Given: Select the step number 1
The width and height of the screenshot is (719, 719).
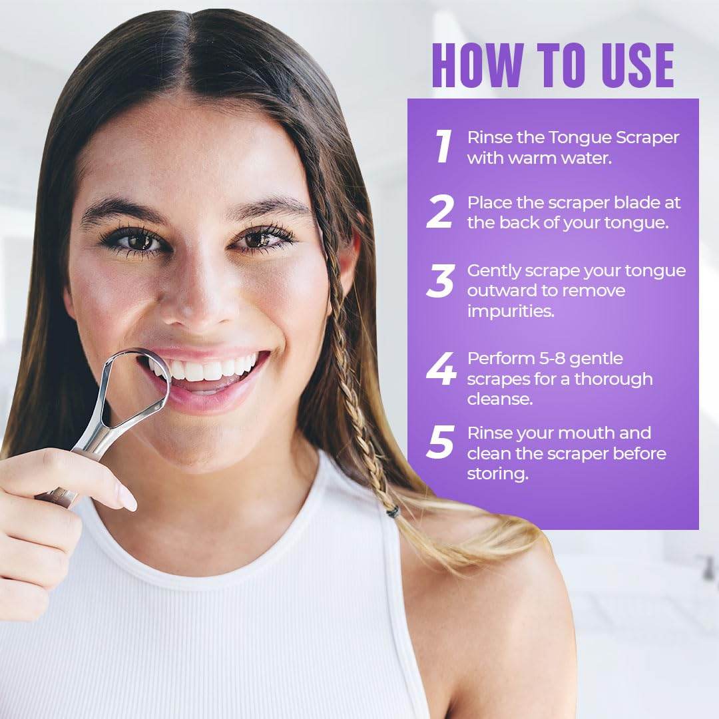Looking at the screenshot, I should pyautogui.click(x=443, y=146).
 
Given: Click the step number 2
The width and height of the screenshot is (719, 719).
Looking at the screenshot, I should pyautogui.click(x=441, y=212).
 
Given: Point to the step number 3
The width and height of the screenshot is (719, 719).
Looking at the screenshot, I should pyautogui.click(x=441, y=280).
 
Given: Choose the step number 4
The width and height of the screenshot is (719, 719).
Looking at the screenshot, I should pyautogui.click(x=441, y=369).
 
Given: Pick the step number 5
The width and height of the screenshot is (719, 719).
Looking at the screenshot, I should pyautogui.click(x=441, y=443).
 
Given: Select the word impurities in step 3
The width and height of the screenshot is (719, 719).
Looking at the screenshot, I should pyautogui.click(x=511, y=312).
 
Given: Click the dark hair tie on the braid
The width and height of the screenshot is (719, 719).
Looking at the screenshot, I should pyautogui.click(x=393, y=512).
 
